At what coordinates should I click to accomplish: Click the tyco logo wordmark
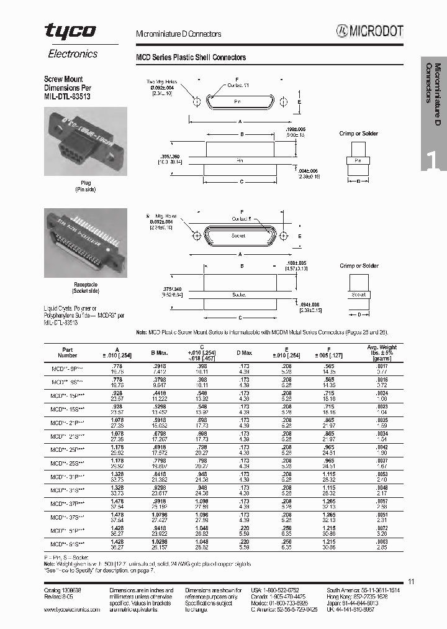pyautogui.click(x=70, y=31)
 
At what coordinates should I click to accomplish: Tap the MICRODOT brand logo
pyautogui.click(x=370, y=32)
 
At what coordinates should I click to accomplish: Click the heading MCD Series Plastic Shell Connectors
pyautogui.click(x=191, y=57)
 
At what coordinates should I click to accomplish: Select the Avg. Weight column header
pyautogui.click(x=382, y=351)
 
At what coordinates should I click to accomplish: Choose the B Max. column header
pyautogui.click(x=160, y=353)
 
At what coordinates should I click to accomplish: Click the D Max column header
pyautogui.click(x=244, y=353)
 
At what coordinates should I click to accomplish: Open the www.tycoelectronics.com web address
pyautogui.click(x=72, y=610)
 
